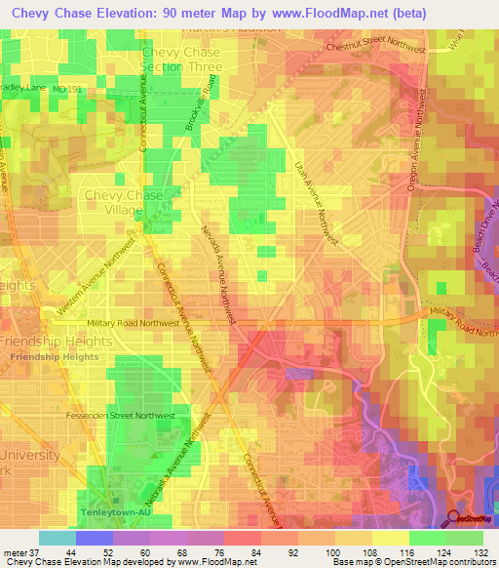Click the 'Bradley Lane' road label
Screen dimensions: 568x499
pyautogui.click(x=23, y=86)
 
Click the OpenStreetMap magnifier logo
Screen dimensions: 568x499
pyautogui.click(x=456, y=519)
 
